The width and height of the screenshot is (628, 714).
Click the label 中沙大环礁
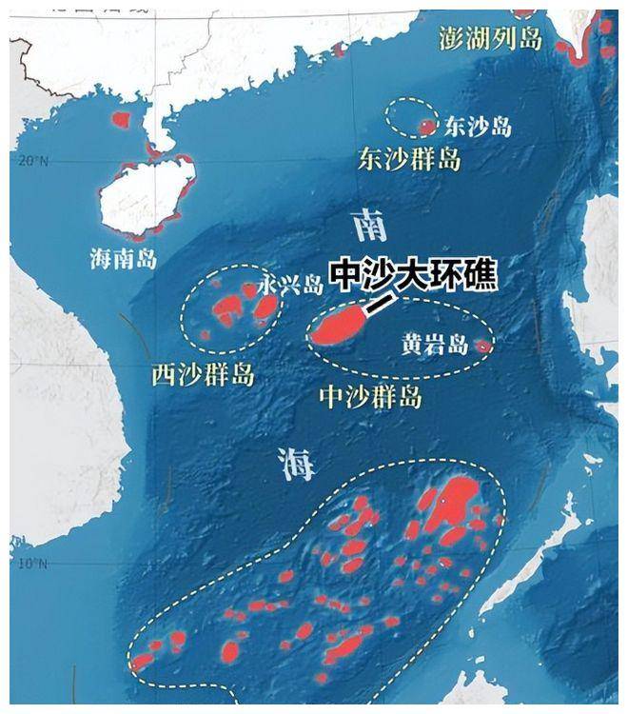coord(413,275)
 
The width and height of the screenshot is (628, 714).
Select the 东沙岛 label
coord(479,127)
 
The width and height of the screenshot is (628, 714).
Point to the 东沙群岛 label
coord(409,159)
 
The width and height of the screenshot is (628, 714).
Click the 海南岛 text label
coord(124,258)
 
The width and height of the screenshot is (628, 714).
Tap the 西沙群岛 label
coord(203,374)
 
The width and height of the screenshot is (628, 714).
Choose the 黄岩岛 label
coord(434,346)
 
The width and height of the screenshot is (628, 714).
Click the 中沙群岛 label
coord(370,395)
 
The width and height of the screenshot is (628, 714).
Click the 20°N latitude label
coord(31,161)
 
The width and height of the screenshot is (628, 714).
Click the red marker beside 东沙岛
coord(427,126)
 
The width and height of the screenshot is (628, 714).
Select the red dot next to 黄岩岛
coord(482,347)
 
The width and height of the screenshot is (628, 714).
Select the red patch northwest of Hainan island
coord(120,120)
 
